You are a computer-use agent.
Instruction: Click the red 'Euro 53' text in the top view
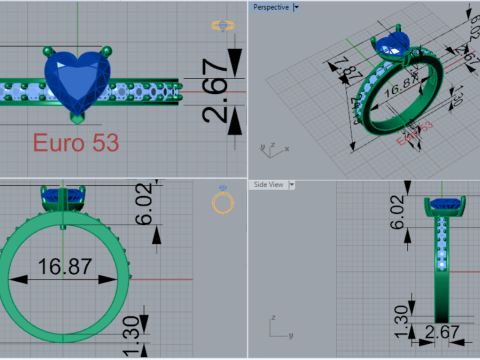click(76, 142)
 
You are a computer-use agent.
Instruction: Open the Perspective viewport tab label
click(270, 7)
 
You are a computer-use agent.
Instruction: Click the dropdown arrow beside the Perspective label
click(296, 7)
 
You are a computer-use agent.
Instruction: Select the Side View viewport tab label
click(268, 184)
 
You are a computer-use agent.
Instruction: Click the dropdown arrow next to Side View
click(292, 184)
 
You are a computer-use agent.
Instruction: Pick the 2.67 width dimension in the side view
click(443, 332)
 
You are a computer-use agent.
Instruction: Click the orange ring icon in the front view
click(223, 203)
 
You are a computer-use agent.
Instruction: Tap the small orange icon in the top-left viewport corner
click(222, 26)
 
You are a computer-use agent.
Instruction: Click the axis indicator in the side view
click(277, 326)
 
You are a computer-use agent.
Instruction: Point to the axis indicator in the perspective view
click(266, 147)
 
